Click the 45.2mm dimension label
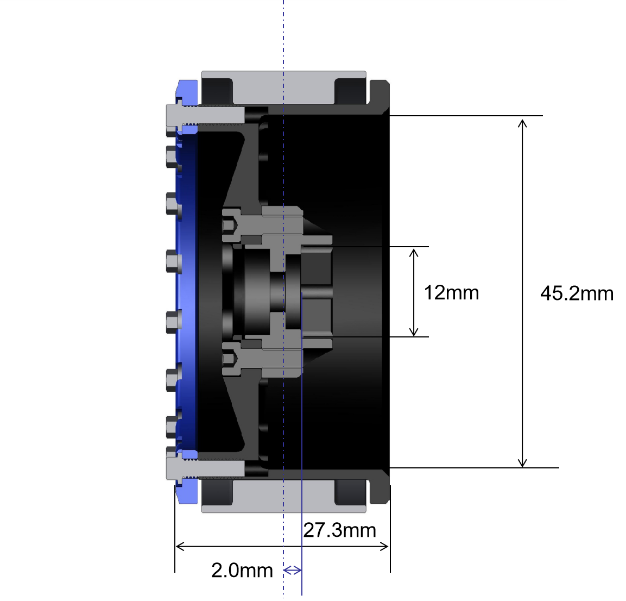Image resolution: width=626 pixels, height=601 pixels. coord(577,293)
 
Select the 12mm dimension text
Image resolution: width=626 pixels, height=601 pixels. coord(451,292)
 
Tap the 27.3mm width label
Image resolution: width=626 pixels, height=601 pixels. coord(340,530)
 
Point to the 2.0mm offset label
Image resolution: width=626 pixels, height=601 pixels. coord(242,570)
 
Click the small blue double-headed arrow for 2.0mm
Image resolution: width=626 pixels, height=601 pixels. coord(293,570)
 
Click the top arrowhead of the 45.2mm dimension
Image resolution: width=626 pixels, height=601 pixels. coord(522,123)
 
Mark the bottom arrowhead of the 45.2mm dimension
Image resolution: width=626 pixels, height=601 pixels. coord(522,463)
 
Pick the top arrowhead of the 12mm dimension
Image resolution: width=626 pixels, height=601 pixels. coord(414,252)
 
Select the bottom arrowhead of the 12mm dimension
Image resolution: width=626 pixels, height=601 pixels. coord(414,331)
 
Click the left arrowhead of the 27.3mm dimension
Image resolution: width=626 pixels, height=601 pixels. coord(180,546)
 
